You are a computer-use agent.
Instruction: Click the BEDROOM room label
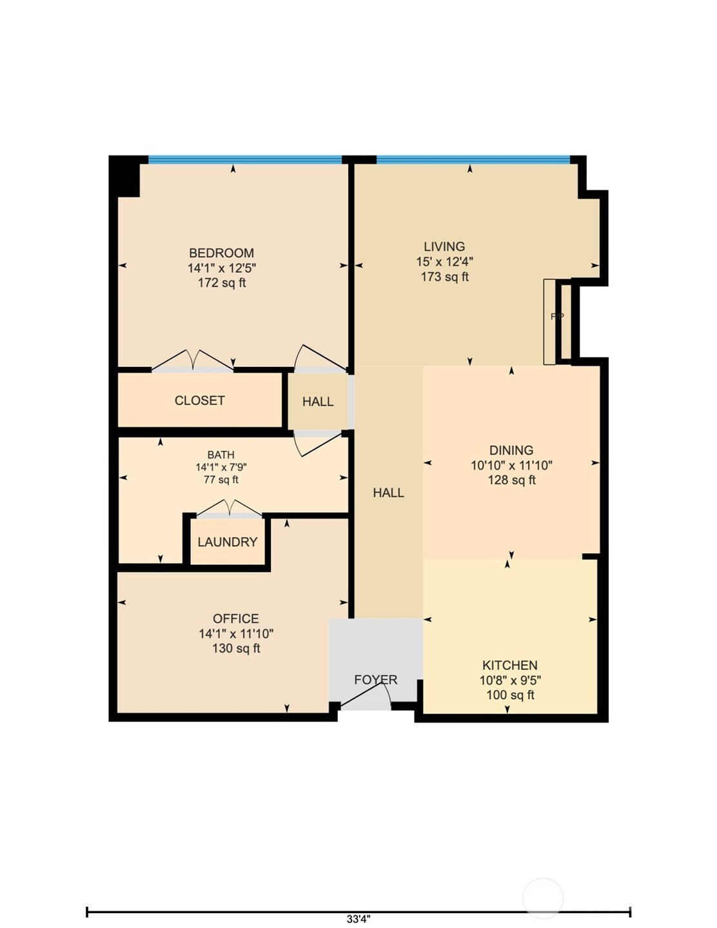point(222,253)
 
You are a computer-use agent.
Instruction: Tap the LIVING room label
point(444,246)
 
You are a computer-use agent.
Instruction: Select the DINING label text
point(511,450)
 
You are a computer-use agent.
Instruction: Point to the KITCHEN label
point(510,666)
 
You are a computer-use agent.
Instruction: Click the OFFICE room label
point(235,619)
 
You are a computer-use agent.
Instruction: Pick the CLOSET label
point(200,400)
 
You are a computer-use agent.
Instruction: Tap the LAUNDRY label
point(228,542)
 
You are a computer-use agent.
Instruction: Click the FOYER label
point(375,680)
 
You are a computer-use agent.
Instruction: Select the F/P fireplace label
point(557,317)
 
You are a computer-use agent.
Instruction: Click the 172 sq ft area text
point(222,283)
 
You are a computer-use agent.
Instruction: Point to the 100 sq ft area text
point(511,695)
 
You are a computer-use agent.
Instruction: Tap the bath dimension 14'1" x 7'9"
point(221,467)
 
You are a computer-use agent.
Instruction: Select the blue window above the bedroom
point(246,160)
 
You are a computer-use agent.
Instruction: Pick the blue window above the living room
point(473,160)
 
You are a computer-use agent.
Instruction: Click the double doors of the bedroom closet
point(193,360)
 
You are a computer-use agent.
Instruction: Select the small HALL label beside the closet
point(318,402)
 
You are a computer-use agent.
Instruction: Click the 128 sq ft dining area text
point(512,480)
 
